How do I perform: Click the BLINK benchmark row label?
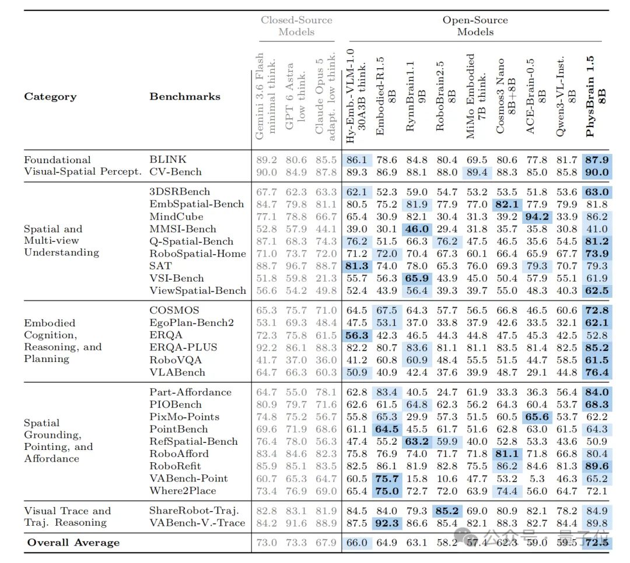[x=167, y=160]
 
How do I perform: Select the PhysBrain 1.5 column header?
[x=596, y=96]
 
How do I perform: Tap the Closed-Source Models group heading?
[x=296, y=26]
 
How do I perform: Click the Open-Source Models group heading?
[x=475, y=26]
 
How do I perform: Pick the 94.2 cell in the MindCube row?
[x=537, y=216]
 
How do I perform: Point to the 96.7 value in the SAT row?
[x=296, y=266]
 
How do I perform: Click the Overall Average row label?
[x=73, y=543]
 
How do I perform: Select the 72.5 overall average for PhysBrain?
[x=597, y=543]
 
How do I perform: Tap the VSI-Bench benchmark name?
[x=176, y=278]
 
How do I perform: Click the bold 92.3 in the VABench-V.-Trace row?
[x=387, y=523]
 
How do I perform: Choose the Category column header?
[x=50, y=96]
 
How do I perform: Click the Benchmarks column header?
[x=185, y=96]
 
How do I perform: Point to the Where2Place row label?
[x=183, y=491]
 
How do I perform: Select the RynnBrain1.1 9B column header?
[x=415, y=96]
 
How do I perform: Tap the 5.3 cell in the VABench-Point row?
[x=537, y=478]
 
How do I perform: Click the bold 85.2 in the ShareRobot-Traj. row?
[x=447, y=511]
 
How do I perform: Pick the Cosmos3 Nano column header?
[x=505, y=96]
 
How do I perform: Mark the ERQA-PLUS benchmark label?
[x=183, y=347]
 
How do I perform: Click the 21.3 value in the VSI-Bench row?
[x=326, y=278]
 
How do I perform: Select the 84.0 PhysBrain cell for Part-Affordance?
[x=597, y=392]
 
